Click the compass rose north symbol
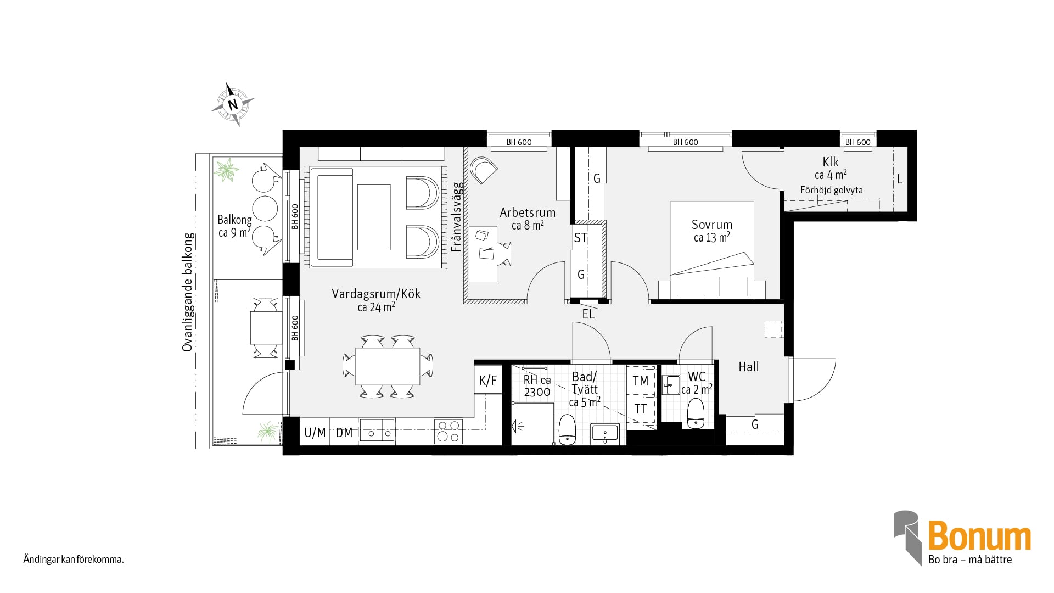click(x=233, y=104)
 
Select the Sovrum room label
click(x=711, y=225)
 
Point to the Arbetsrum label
click(x=528, y=212)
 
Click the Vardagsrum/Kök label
click(x=376, y=294)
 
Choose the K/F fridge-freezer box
click(x=488, y=379)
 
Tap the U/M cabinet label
click(x=315, y=433)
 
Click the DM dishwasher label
click(x=344, y=433)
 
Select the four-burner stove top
click(x=448, y=432)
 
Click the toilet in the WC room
click(x=696, y=413)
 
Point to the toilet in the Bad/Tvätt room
click(x=567, y=429)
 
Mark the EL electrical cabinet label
click(x=588, y=314)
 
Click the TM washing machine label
click(x=640, y=381)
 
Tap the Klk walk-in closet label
click(x=831, y=162)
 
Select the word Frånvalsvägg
click(x=457, y=217)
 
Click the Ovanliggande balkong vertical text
click(x=188, y=292)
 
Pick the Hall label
click(x=749, y=367)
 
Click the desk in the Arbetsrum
click(x=483, y=254)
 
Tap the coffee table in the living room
click(x=374, y=217)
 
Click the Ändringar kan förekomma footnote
click(x=74, y=560)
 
